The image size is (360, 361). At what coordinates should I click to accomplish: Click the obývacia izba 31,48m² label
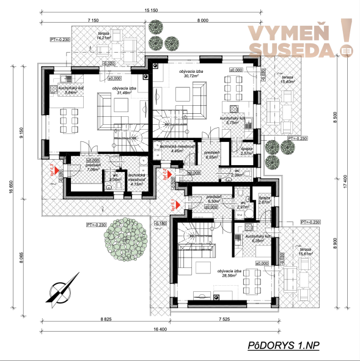[122, 91]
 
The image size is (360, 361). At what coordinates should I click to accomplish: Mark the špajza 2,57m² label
[246, 151]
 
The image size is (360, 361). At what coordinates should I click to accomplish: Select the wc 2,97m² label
[243, 205]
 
